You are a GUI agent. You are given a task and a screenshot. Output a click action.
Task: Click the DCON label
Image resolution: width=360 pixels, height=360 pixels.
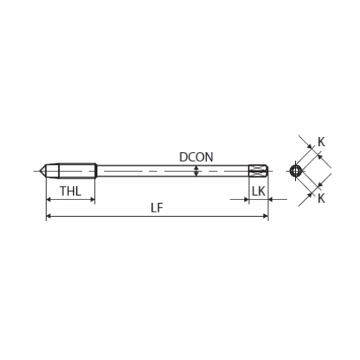coord(196,157)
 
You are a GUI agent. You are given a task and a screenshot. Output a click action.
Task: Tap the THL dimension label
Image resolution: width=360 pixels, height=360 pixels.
coord(71,192)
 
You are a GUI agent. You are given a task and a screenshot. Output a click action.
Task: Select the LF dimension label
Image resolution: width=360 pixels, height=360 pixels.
coord(157,208)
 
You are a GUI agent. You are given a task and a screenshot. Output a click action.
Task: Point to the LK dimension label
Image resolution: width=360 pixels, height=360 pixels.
coord(258,192)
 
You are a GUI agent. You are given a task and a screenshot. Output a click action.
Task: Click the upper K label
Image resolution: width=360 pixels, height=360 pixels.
coord(321,142)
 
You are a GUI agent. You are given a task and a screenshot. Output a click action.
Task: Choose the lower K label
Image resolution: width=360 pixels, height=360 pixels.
coord(321,199)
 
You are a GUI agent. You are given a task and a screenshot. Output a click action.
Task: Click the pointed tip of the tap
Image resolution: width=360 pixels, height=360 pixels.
coord(40,171)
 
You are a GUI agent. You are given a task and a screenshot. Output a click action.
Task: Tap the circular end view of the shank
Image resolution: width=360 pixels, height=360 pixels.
coord(295,171)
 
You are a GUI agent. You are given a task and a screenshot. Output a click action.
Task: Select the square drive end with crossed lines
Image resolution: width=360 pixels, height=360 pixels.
coord(258,171)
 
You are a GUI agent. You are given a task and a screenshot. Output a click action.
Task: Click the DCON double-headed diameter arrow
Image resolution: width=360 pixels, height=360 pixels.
coord(197,171)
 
